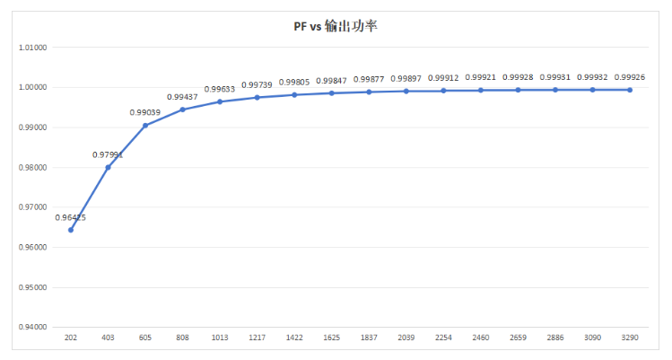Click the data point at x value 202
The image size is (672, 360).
[71, 230]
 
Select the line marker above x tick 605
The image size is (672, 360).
[145, 126]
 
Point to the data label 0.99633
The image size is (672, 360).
[220, 89]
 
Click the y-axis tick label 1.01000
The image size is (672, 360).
[33, 48]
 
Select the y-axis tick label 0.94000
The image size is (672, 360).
[33, 328]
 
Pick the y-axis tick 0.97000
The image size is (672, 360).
[33, 207]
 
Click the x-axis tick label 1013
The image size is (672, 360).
[220, 338]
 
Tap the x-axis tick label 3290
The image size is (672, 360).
[630, 338]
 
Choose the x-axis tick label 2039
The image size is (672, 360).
[406, 338]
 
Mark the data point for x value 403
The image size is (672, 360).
[108, 167]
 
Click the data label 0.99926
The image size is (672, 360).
[630, 77]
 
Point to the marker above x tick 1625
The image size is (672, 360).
[331, 93]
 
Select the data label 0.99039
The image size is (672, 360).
[145, 112]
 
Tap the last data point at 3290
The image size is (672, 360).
[630, 90]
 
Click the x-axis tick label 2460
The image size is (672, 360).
[481, 338]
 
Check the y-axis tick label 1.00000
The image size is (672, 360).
[33, 88]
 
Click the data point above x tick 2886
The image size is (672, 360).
[555, 90]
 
